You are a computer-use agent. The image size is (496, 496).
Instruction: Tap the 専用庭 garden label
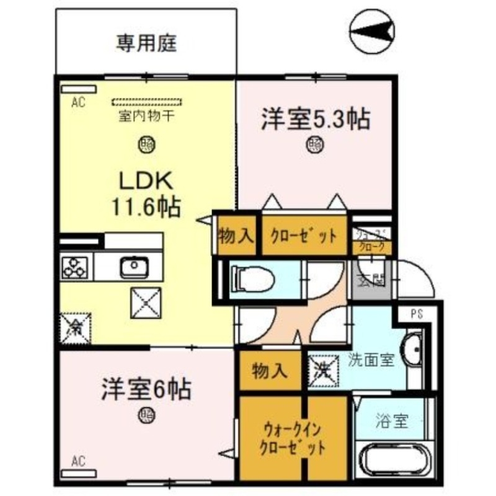click(146, 43)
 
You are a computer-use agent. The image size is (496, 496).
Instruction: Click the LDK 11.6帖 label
click(146, 194)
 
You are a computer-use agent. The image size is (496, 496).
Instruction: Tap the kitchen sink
click(135, 268)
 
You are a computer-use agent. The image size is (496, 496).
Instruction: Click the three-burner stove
click(75, 268)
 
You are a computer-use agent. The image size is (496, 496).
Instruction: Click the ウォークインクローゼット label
click(293, 438)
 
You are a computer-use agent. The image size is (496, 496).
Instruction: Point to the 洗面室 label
click(371, 360)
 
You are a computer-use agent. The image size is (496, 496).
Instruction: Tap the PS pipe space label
click(417, 314)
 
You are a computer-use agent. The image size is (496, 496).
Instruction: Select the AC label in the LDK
click(77, 103)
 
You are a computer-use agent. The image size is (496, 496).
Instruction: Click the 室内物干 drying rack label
click(146, 116)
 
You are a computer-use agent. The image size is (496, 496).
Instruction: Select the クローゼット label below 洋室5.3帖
click(303, 236)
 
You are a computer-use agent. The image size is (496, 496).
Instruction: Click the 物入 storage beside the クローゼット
click(236, 236)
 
